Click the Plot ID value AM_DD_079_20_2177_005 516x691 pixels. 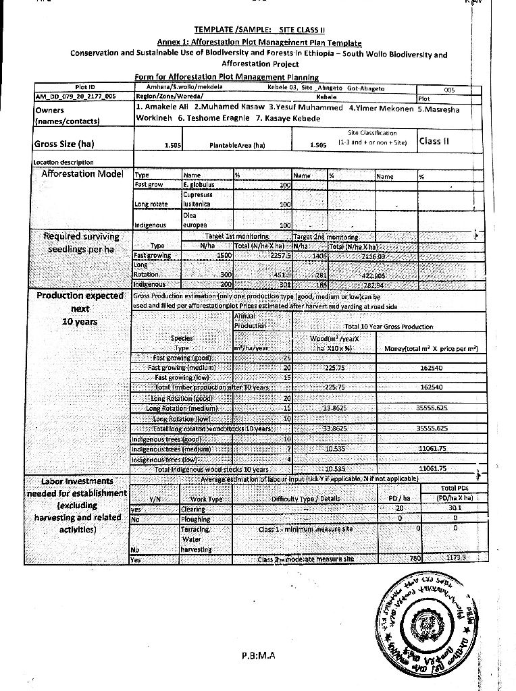[76, 96]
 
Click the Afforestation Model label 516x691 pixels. [82, 174]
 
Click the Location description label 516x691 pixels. [64, 162]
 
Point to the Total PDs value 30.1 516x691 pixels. [454, 509]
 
